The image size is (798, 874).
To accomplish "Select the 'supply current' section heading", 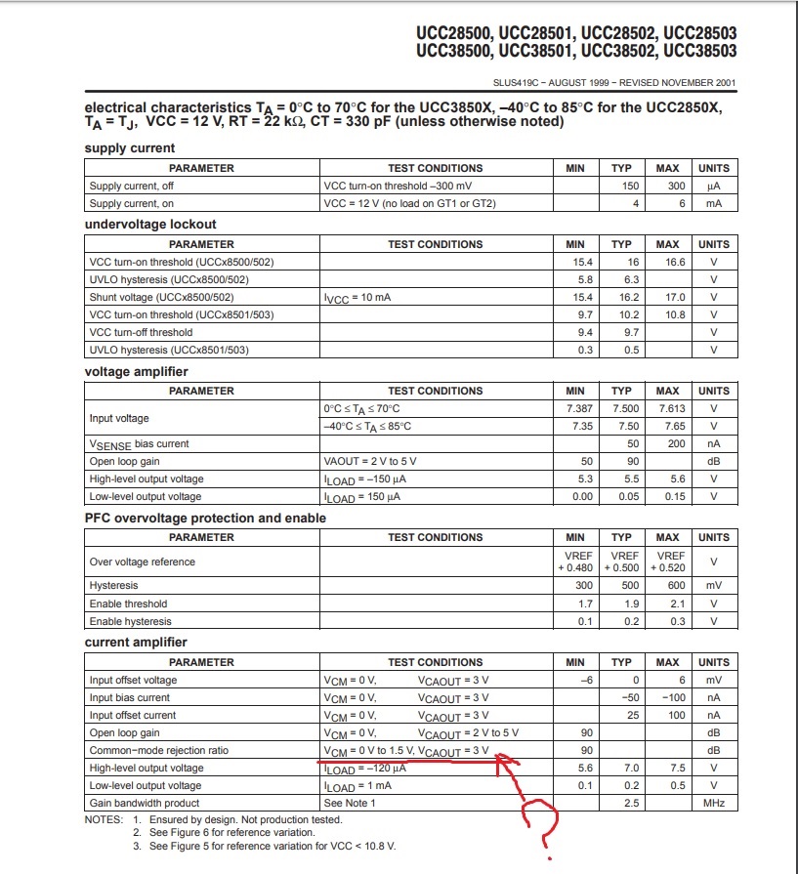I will (130, 148).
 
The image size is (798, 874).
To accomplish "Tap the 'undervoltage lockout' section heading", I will (150, 225).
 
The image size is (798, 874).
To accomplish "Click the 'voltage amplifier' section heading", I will (137, 372).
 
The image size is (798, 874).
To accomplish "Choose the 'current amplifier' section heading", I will (136, 643).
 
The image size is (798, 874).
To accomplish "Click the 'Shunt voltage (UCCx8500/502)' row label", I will (161, 297).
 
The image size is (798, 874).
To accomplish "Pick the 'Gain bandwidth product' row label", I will (144, 803).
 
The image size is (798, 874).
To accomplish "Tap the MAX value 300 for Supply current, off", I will (667, 186).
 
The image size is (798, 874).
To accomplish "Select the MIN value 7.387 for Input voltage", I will (575, 408).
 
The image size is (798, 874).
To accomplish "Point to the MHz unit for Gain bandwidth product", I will (714, 803).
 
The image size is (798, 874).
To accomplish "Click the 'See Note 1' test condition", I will (349, 803).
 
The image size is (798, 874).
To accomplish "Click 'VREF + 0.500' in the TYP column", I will (621, 562).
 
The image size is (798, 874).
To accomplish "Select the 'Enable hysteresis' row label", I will (130, 621).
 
